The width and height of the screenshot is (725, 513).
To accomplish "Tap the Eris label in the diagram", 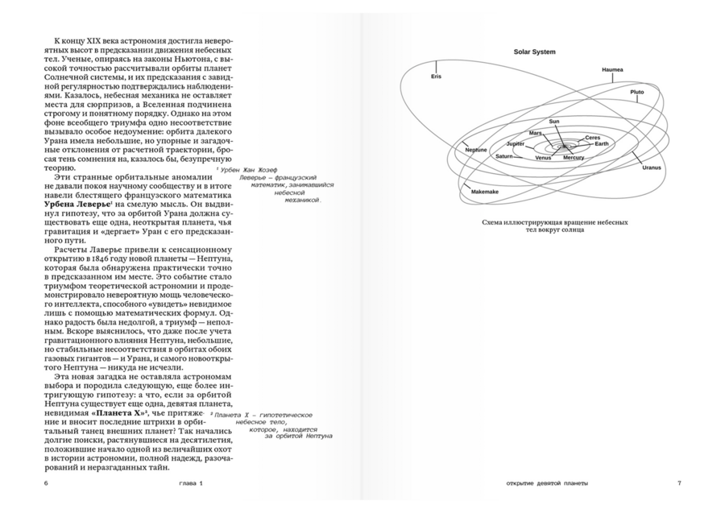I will tap(437, 77).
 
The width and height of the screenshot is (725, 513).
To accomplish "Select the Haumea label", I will tap(612, 70).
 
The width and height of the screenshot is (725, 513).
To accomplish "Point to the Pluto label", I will tap(636, 92).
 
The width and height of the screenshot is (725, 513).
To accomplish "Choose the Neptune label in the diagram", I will tap(476, 151).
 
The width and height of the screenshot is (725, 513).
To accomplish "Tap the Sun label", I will tap(553, 122).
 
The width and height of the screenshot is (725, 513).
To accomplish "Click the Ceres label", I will tap(592, 138).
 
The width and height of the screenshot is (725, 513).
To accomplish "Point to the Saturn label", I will tap(504, 156).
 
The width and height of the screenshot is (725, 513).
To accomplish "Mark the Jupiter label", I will tap(516, 143).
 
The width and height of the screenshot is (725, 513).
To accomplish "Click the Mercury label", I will tap(574, 157).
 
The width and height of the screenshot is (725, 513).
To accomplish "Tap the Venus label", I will tap(543, 158).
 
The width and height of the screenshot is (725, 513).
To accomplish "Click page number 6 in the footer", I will tap(47, 483).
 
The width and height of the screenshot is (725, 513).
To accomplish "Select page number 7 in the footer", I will tap(679, 483).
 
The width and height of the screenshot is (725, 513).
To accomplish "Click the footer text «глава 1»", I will tap(192, 483).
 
